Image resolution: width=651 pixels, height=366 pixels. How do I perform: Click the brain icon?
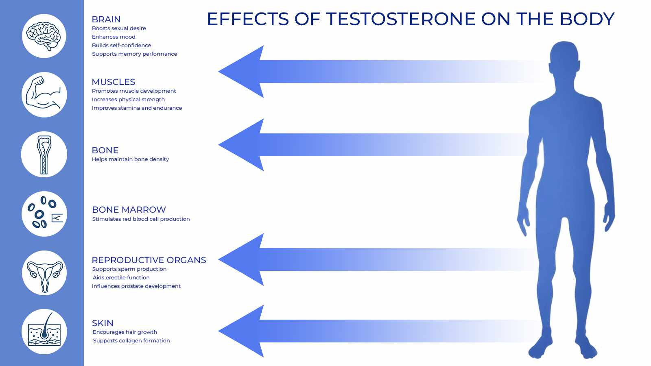tap(44, 36)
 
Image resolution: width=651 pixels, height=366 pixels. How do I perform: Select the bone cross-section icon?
tap(44, 155)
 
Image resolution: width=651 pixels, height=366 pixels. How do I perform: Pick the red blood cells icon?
tap(44, 213)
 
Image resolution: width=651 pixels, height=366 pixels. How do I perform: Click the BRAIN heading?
tap(106, 19)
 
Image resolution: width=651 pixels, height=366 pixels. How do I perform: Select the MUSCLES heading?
tap(114, 82)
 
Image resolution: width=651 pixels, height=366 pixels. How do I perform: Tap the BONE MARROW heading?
tap(129, 209)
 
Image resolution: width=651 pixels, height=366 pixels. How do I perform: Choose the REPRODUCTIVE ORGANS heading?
tap(149, 260)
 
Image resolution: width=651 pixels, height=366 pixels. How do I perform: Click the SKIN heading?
tap(103, 323)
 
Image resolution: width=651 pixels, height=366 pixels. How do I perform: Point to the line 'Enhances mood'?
tap(114, 37)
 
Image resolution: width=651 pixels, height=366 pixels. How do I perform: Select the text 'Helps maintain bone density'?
tap(130, 159)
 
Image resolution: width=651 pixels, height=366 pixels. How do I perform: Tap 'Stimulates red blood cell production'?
tap(141, 219)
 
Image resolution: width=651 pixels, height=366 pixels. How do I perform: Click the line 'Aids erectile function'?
tap(121, 277)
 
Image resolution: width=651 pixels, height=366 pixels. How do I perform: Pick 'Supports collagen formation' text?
tap(131, 340)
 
